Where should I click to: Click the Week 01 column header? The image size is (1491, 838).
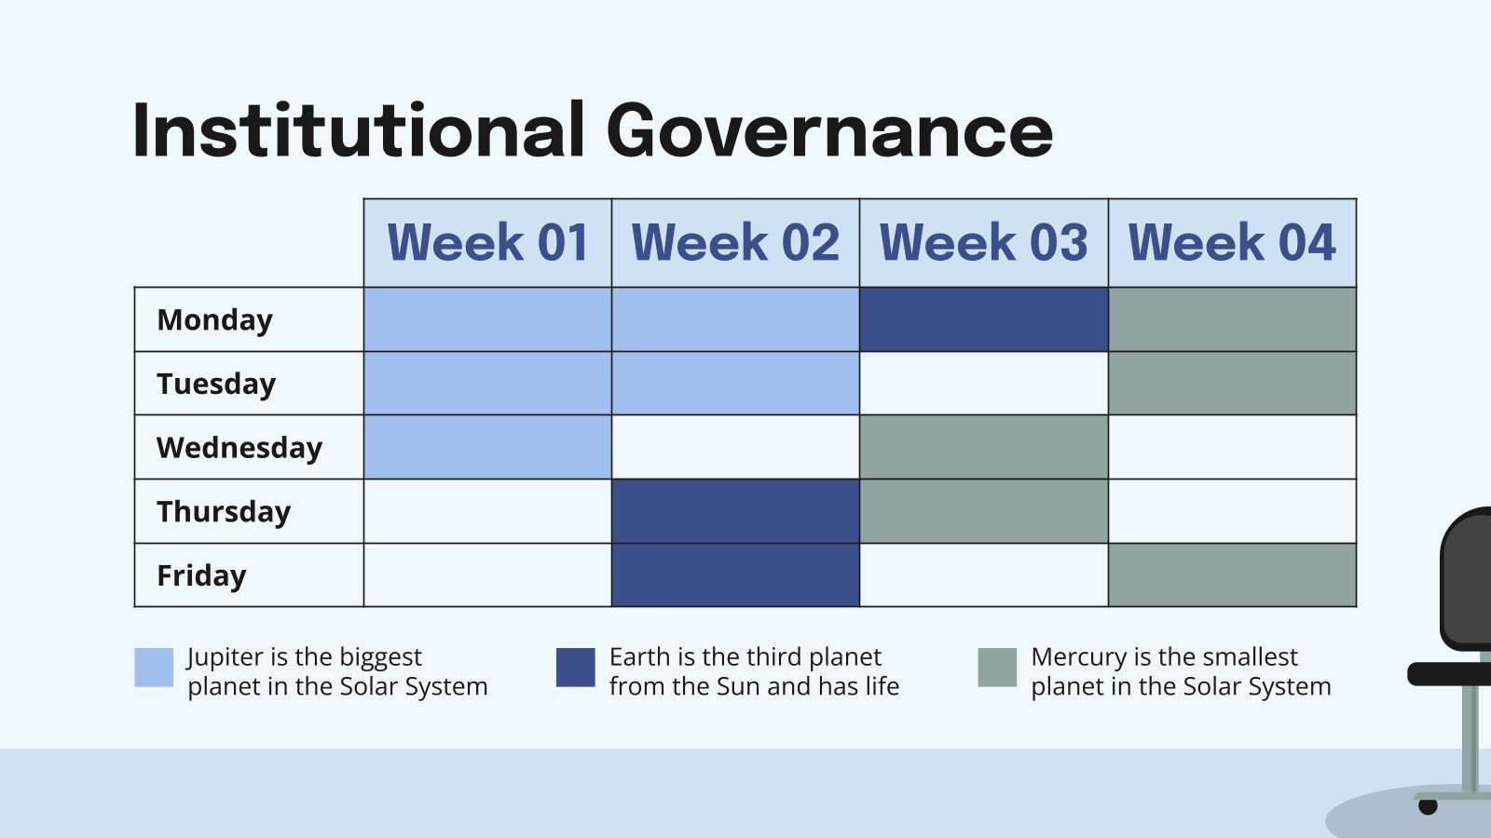487,243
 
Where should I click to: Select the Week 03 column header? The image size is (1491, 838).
983,243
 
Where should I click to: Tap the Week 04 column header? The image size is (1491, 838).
1232,243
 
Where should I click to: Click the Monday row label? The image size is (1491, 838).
215,319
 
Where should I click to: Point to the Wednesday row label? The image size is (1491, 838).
239,448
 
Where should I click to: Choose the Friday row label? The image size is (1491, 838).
201,575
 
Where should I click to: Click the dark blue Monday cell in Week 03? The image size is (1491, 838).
983,319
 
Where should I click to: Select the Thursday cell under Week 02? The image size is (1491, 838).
735,511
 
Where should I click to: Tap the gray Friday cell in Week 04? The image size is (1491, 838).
1232,575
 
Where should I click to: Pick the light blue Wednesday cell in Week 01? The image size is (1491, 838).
487,447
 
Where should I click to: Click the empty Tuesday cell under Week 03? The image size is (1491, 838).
983,384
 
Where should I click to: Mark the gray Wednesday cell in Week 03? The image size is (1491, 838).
983,447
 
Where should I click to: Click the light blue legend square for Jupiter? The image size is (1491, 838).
154,668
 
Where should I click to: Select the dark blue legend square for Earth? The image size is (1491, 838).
575,668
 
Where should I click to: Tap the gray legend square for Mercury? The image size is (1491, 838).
997,668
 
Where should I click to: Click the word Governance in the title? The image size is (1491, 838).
829,130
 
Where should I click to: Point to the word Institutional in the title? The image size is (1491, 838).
359,130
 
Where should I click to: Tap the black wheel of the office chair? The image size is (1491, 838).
1428,806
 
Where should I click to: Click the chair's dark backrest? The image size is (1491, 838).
1469,577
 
